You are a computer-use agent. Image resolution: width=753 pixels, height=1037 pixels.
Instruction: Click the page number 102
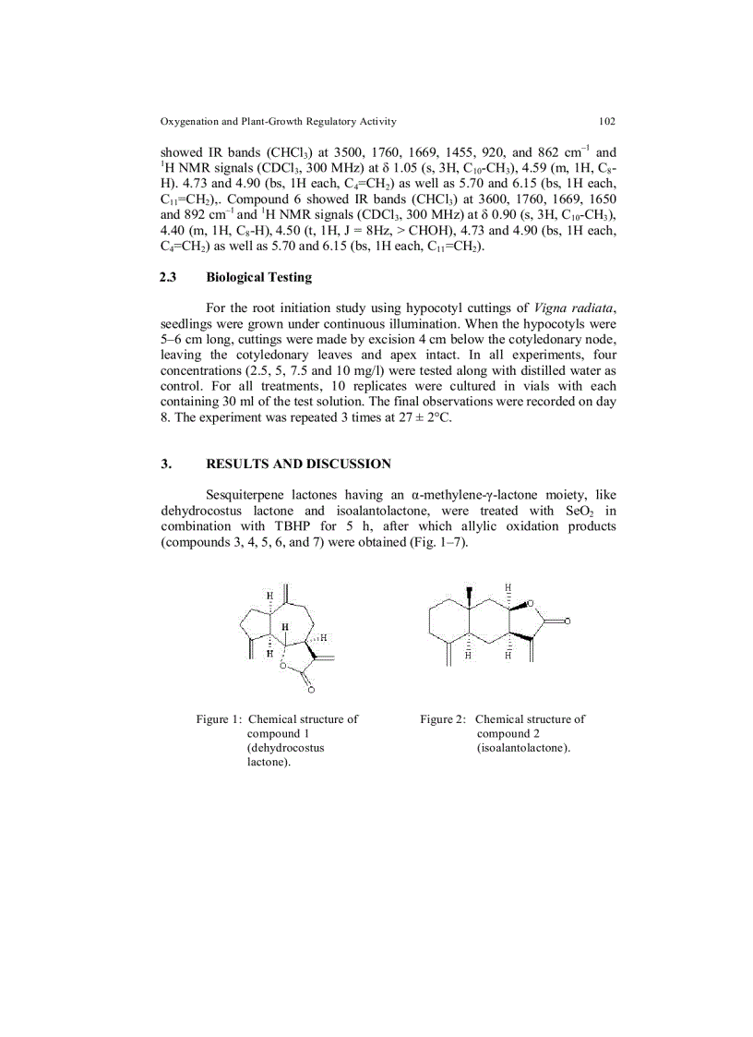(x=606, y=121)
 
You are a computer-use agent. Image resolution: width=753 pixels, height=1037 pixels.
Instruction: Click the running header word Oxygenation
(x=192, y=121)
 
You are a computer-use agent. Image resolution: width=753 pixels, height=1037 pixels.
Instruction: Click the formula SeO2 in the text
(x=571, y=511)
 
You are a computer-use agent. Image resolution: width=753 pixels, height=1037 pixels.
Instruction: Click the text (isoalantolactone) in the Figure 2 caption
(x=523, y=747)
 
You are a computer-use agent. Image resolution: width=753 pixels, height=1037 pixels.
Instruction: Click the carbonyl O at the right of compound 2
(x=568, y=621)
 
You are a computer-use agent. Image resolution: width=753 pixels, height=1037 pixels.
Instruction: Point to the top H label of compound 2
(x=508, y=587)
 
